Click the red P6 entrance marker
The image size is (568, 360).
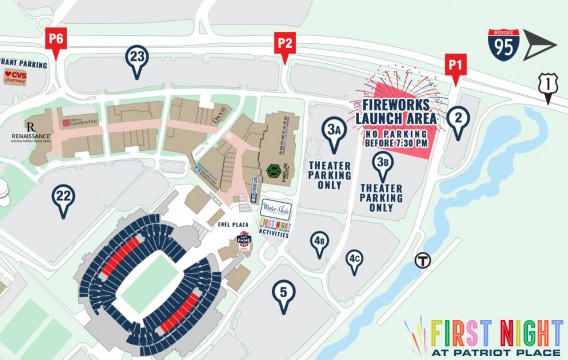(x=56, y=40)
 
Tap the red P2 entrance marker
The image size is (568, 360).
(x=285, y=44)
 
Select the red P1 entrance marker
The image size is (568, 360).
(x=456, y=67)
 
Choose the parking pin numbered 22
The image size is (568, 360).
(x=63, y=199)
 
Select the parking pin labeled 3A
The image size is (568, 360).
(x=335, y=131)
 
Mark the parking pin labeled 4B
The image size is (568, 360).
(x=319, y=242)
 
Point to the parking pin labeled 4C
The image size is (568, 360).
(x=354, y=260)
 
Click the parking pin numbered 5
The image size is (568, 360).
(x=285, y=295)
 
